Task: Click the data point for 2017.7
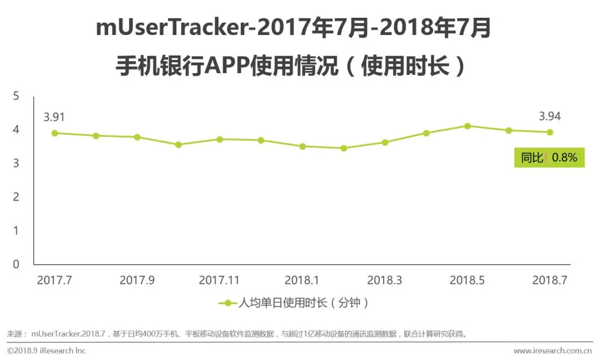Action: click(54, 133)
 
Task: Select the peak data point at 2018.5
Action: click(468, 126)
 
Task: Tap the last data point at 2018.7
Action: click(550, 132)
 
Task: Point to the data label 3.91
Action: click(54, 117)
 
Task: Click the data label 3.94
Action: click(550, 116)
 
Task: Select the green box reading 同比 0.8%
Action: click(549, 158)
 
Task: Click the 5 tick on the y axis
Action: click(16, 97)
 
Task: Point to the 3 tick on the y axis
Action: click(16, 164)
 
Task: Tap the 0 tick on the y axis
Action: click(16, 265)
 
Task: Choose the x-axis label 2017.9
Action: click(137, 281)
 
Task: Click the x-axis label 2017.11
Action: click(219, 281)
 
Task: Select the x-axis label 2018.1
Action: click(302, 281)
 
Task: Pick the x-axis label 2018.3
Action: click(384, 281)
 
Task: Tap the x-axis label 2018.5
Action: click(467, 281)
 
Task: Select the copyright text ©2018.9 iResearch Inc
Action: click(47, 351)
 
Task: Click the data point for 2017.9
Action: click(137, 137)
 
